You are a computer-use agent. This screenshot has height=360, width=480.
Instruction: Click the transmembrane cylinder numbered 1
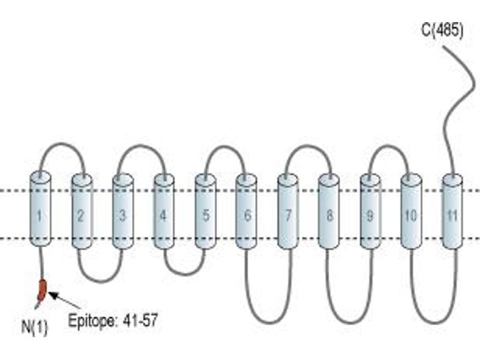(40, 209)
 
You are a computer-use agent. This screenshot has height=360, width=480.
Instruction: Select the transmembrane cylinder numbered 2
(82, 211)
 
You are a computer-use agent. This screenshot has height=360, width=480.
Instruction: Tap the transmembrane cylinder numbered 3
(123, 211)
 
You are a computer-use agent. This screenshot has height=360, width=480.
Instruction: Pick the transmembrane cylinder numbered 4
(164, 211)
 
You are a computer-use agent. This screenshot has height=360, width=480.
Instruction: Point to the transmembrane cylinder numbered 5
(205, 211)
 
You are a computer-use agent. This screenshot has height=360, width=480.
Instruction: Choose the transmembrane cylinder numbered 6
(247, 211)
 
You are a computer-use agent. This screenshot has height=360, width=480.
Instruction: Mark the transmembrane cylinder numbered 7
(288, 211)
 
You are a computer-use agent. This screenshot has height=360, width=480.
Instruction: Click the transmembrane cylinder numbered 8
(329, 211)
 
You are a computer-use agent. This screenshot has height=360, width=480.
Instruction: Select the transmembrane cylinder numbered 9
(370, 211)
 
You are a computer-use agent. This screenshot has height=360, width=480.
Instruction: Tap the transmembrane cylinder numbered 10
(411, 211)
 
